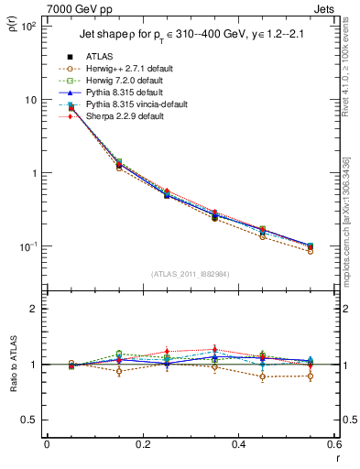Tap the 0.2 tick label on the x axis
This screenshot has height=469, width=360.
pyautogui.click(x=143, y=444)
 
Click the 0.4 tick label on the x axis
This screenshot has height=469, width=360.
pyautogui.click(x=239, y=444)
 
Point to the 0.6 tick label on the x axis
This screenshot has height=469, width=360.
pyautogui.click(x=334, y=444)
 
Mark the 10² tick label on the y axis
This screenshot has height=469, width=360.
pyautogui.click(x=27, y=27)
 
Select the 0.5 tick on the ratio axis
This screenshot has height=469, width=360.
pyautogui.click(x=30, y=420)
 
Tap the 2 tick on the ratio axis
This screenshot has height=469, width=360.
pyautogui.click(x=34, y=309)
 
